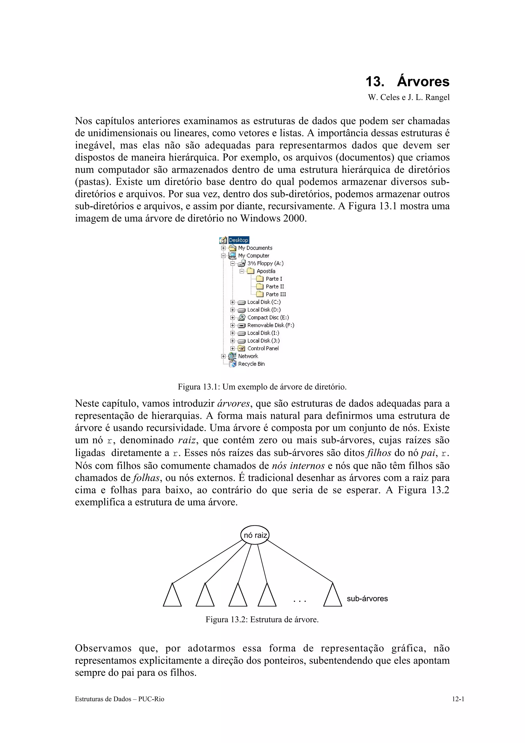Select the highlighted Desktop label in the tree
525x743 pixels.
(239, 240)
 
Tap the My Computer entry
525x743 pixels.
(253, 256)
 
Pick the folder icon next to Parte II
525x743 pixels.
(260, 286)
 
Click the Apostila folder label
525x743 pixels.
(266, 271)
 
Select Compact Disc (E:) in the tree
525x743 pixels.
(268, 317)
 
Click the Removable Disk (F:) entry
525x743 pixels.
(270, 325)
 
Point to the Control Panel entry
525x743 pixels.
(263, 348)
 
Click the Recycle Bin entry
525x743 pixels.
(251, 364)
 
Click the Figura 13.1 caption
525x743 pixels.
(262, 387)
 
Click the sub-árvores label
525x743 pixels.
(367, 599)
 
